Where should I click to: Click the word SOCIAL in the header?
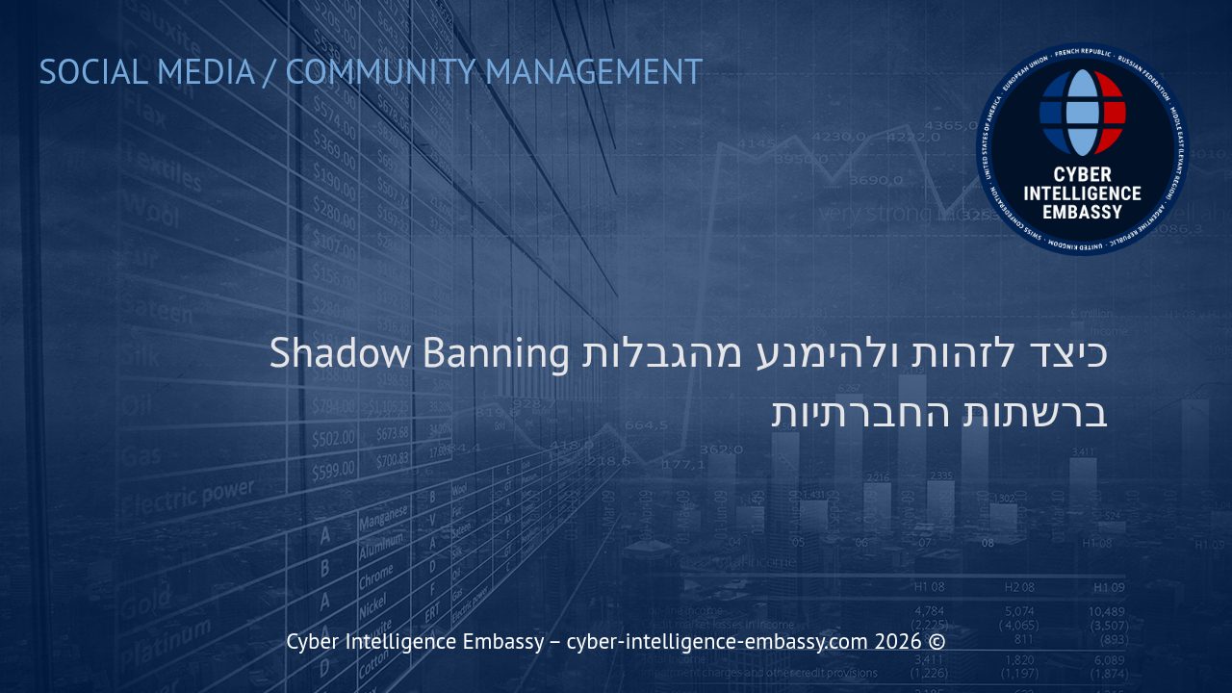93,72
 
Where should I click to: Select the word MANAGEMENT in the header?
594,72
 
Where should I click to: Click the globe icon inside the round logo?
1082,113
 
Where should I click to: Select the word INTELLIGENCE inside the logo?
1082,193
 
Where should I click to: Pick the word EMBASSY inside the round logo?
1082,212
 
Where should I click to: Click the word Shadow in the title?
340,352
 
